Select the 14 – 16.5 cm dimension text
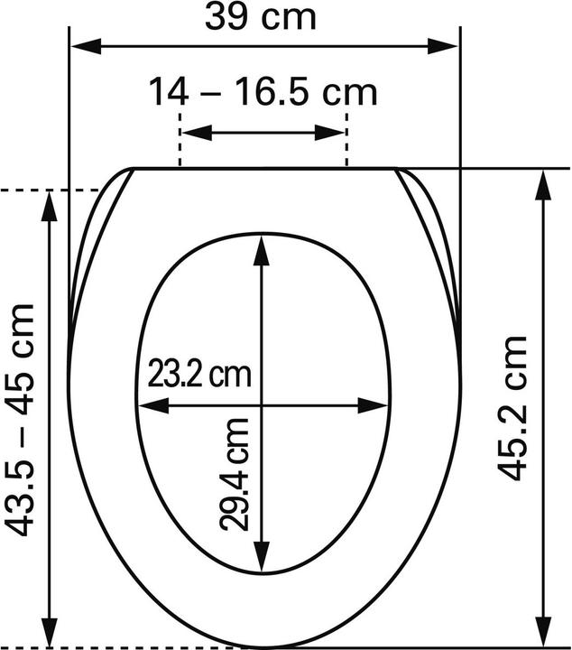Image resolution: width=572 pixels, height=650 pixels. (x=263, y=91)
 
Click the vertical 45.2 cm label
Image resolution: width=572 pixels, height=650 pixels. (x=513, y=407)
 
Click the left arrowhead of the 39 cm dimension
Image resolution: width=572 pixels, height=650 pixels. (x=82, y=46)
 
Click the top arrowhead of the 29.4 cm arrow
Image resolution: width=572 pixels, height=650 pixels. (x=262, y=247)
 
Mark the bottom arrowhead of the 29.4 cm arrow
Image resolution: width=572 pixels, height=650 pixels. (x=262, y=560)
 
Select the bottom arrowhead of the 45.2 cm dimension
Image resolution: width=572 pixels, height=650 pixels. (x=542, y=635)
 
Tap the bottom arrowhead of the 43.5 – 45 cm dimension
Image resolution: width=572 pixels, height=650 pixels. (x=50, y=635)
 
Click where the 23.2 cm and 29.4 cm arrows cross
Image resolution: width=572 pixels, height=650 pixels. (x=262, y=406)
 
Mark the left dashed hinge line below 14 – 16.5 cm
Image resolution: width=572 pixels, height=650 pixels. (x=181, y=144)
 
